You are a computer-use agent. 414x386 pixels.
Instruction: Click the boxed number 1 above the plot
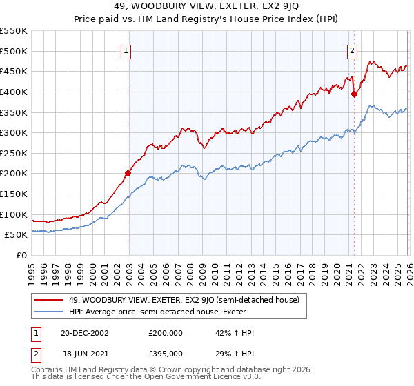[128, 50]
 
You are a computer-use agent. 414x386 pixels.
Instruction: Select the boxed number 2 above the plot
[353, 50]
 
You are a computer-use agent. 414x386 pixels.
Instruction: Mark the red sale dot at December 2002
[128, 173]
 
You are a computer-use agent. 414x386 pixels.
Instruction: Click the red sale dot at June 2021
[354, 94]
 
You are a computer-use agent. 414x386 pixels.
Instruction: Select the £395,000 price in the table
[166, 353]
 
